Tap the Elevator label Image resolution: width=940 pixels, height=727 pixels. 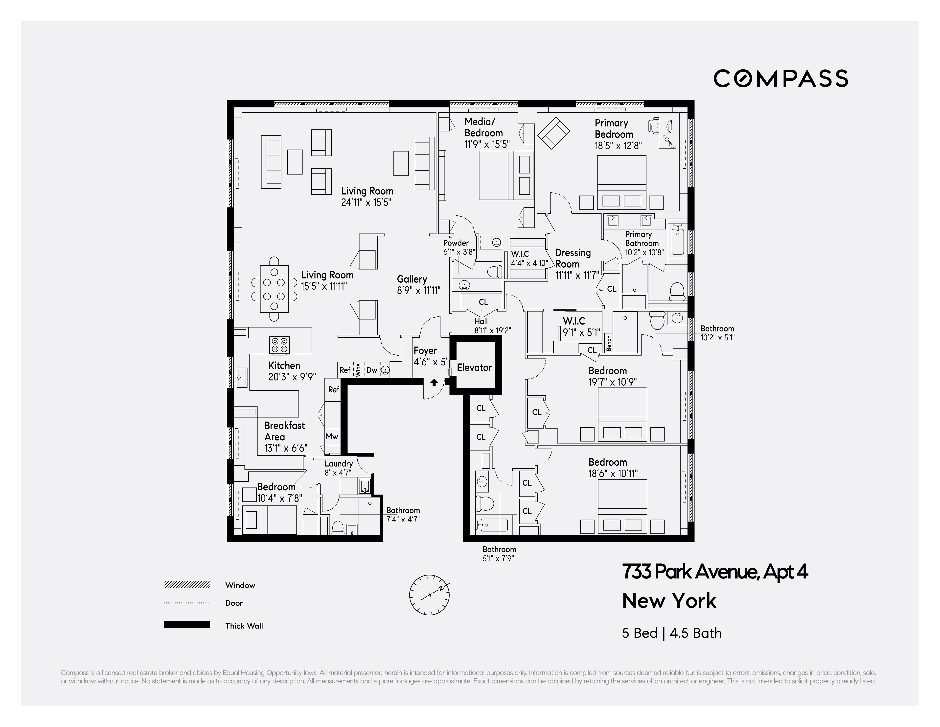pyautogui.click(x=474, y=367)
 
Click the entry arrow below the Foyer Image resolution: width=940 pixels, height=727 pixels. pyautogui.click(x=434, y=382)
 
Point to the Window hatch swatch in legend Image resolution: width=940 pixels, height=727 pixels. pyautogui.click(x=187, y=584)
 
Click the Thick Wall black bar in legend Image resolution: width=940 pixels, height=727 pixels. pyautogui.click(x=187, y=625)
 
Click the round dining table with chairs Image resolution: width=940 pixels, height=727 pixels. pyautogui.click(x=274, y=289)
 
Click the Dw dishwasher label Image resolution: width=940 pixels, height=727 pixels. pyautogui.click(x=371, y=370)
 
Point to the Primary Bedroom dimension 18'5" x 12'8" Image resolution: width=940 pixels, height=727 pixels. pyautogui.click(x=618, y=146)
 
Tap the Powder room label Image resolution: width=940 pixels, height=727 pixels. pyautogui.click(x=456, y=243)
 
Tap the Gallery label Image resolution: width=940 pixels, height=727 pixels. pyautogui.click(x=412, y=279)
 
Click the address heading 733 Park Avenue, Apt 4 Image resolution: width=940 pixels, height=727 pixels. pyautogui.click(x=714, y=572)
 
